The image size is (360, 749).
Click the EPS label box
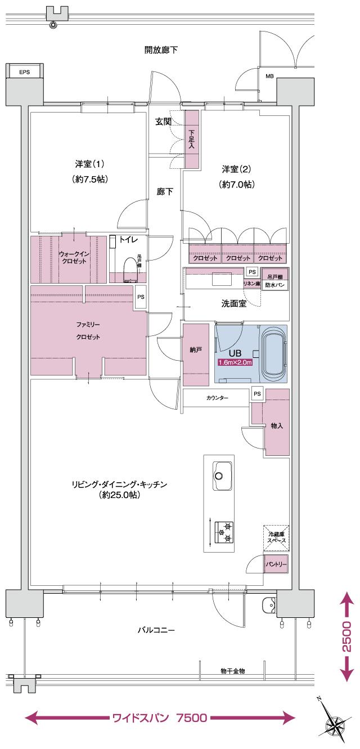coord(24,72)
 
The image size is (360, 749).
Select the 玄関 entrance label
coord(163,122)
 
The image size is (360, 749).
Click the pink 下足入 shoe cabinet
coord(192,139)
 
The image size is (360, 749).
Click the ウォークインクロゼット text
coord(74,258)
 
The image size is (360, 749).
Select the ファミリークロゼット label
coord(88,331)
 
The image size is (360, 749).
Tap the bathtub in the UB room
coord(273,352)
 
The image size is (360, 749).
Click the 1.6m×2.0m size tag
coord(235,362)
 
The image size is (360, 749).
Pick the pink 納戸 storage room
coord(196,350)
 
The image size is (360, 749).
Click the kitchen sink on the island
coord(223,474)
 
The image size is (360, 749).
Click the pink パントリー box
coord(276,563)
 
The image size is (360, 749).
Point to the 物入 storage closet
coord(276,425)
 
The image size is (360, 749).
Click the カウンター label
coord(217,398)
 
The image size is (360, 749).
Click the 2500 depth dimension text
coord(347,636)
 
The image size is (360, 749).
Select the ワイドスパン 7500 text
coord(161,718)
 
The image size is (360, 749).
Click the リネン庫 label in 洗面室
coord(251,284)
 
